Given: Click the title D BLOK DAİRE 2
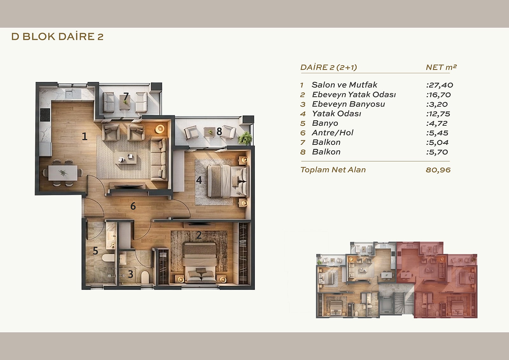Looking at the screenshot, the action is [58, 37].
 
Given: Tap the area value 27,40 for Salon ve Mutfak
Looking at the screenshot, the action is [440, 85].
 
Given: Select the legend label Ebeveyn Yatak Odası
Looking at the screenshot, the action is [354, 95].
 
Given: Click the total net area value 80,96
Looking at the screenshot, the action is [438, 170].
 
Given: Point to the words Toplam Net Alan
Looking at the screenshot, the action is [333, 170].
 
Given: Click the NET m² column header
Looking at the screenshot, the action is [441, 67].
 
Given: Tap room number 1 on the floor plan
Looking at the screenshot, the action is [85, 137].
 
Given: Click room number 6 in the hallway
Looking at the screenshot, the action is [133, 206].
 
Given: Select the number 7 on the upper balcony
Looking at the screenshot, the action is [126, 96].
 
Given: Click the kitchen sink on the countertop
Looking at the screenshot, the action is [73, 94].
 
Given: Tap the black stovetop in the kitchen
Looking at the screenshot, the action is [45, 115].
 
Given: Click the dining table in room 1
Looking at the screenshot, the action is [63, 173].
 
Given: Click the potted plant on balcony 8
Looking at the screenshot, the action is [245, 138].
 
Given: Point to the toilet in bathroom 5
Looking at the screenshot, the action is [108, 258].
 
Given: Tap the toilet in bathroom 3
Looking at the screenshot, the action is [145, 277].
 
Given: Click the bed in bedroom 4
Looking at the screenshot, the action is [227, 181].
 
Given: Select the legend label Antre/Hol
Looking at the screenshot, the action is [333, 133].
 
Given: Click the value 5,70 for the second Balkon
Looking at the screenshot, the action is [437, 152].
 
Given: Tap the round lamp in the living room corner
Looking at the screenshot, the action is [160, 129].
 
